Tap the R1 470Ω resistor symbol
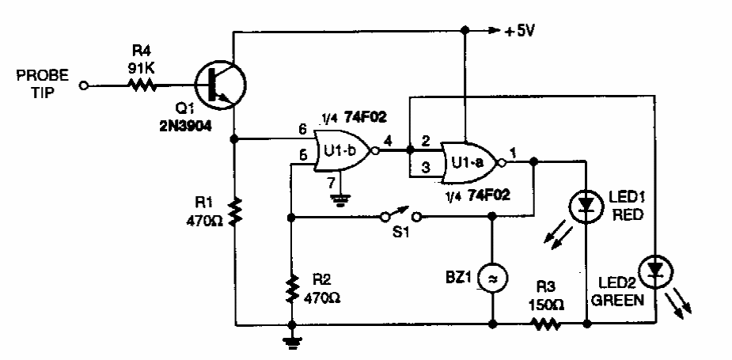(x=235, y=212)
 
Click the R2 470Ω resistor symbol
(x=293, y=290)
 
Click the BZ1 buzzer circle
(x=492, y=277)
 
